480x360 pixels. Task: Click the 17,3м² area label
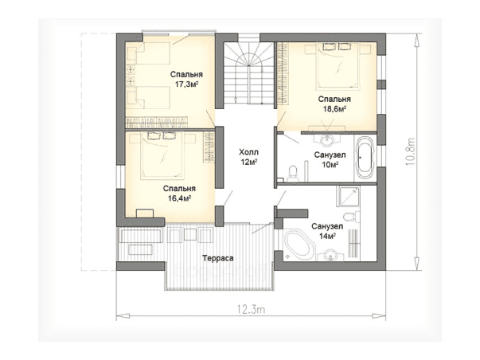[186, 84]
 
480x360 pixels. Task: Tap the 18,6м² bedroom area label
[334, 109]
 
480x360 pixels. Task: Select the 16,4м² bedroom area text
[179, 198]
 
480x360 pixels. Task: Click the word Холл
[248, 152]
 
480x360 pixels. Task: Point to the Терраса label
[218, 258]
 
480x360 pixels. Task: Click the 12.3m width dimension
[251, 310]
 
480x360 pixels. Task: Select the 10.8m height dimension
[410, 151]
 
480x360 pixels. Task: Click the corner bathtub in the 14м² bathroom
[299, 246]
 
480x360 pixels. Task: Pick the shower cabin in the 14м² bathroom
[348, 196]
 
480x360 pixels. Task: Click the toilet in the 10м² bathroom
[293, 174]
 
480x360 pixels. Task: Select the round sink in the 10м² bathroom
[327, 139]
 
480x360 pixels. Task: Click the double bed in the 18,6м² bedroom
[338, 66]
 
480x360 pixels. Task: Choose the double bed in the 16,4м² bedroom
[162, 155]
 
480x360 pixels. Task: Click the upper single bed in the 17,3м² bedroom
[153, 53]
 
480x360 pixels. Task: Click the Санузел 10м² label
[330, 159]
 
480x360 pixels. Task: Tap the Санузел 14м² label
[327, 231]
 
